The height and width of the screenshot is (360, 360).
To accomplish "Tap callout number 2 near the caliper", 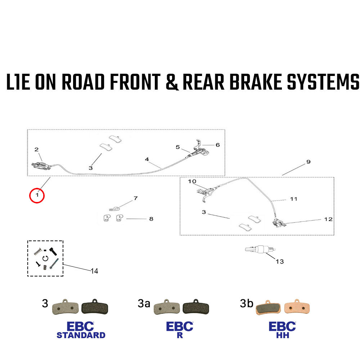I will [x=36, y=149].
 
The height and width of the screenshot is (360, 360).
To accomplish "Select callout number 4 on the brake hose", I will [x=147, y=159].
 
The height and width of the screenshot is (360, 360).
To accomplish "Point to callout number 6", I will [x=217, y=145].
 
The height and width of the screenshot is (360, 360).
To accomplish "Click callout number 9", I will [x=308, y=162].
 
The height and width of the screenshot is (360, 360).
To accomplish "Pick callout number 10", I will [x=192, y=181].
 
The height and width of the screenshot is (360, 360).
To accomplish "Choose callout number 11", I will [x=294, y=199].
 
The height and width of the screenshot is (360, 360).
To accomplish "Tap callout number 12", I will [x=328, y=219].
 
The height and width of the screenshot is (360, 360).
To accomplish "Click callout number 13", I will [x=280, y=261].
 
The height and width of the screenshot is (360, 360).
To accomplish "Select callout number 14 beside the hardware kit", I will [x=94, y=271].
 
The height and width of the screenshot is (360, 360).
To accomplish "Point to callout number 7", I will [x=135, y=198].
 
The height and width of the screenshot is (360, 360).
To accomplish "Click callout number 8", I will [x=151, y=219].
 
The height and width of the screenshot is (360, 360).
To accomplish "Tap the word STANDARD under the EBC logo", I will [x=81, y=335].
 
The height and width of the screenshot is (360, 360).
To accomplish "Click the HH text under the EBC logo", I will [x=282, y=335].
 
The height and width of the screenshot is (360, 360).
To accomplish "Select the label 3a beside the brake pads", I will [x=144, y=304].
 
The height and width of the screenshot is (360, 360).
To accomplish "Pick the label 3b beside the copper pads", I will [x=247, y=304].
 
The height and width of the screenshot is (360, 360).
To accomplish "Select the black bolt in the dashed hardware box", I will [x=54, y=251].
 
